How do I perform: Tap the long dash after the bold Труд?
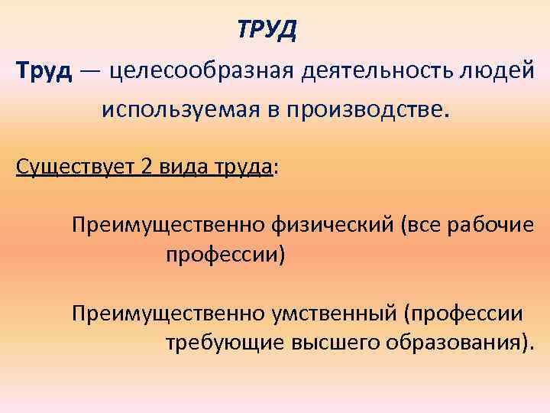click(x=92, y=72)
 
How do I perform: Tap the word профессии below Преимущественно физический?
click(x=225, y=255)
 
